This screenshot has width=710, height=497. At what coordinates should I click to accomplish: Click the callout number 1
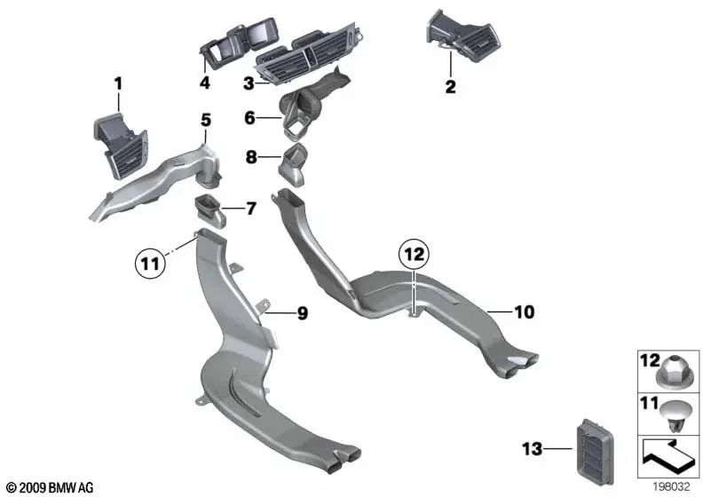pyautogui.click(x=118, y=84)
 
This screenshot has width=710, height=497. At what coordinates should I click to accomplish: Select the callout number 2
pyautogui.click(x=450, y=86)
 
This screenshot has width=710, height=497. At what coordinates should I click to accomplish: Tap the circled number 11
pyautogui.click(x=150, y=263)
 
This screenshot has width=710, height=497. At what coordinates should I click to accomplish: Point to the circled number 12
pyautogui.click(x=414, y=255)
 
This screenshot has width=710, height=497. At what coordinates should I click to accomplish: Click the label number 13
pyautogui.click(x=532, y=448)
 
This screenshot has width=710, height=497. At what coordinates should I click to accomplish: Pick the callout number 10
pyautogui.click(x=525, y=312)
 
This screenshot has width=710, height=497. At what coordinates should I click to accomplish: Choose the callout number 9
pyautogui.click(x=303, y=313)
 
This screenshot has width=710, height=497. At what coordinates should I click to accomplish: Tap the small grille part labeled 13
pyautogui.click(x=596, y=448)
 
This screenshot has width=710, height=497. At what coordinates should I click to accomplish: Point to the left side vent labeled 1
pyautogui.click(x=121, y=145)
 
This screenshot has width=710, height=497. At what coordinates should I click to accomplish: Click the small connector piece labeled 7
pyautogui.click(x=210, y=211)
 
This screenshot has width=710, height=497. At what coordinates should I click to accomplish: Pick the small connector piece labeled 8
pyautogui.click(x=292, y=165)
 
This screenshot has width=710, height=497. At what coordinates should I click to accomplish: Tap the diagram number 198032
pyautogui.click(x=671, y=486)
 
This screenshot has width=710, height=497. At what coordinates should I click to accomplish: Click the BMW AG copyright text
pyautogui.click(x=51, y=487)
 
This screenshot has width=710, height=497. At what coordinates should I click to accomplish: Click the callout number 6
pyautogui.click(x=250, y=118)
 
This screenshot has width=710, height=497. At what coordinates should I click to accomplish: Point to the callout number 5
pyautogui.click(x=206, y=121)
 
